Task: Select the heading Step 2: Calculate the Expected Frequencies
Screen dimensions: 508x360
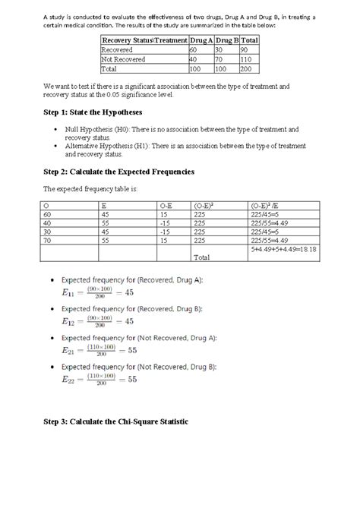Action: [118, 172]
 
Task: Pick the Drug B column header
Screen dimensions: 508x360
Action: [226, 40]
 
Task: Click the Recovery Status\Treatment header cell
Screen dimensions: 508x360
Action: [142, 40]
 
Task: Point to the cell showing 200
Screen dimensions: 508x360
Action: [248, 68]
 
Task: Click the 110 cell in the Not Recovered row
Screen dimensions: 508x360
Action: [248, 58]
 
